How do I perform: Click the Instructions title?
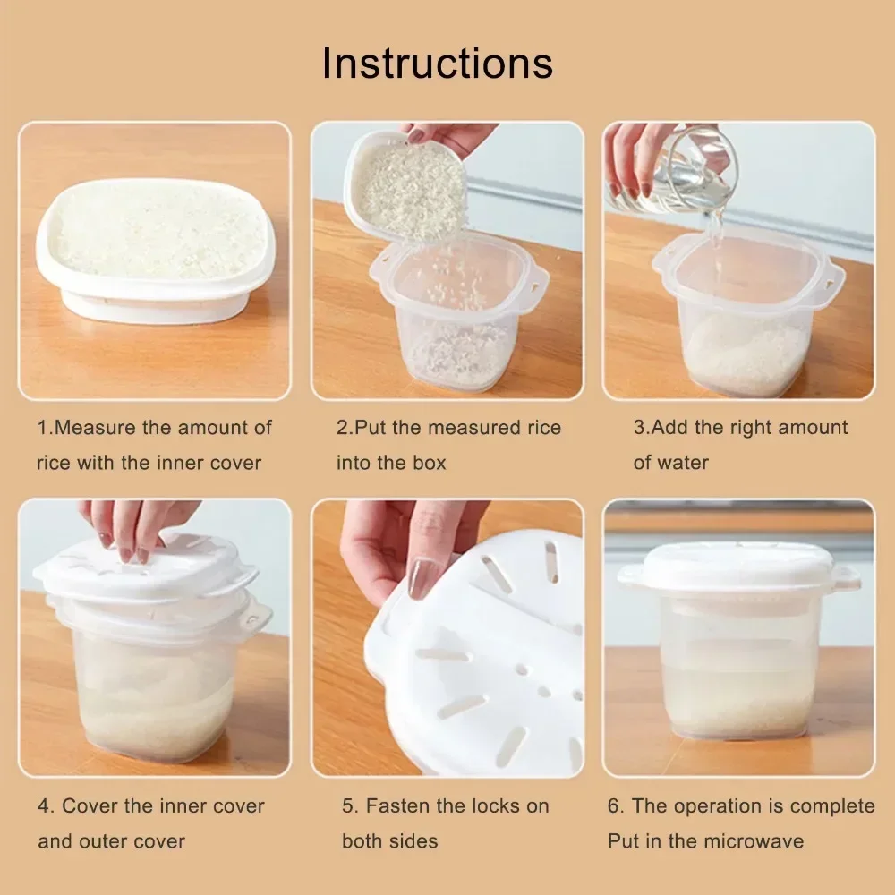[x=438, y=63]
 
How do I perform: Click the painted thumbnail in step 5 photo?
[x=421, y=577]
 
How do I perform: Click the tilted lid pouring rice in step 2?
[x=407, y=188]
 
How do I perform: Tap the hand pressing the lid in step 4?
[x=134, y=528]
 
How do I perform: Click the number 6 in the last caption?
[x=615, y=805]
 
